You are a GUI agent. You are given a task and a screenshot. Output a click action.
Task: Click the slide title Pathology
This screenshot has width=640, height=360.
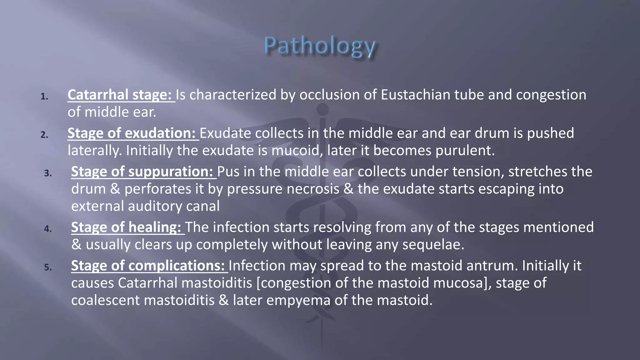pyautogui.click(x=320, y=47)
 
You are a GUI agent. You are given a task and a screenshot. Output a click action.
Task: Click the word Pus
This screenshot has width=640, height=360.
pyautogui.click(x=228, y=172)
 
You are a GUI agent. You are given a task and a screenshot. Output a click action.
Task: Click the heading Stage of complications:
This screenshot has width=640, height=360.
pyautogui.click(x=148, y=266)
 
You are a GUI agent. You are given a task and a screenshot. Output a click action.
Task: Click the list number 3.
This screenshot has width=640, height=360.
pyautogui.click(x=48, y=173)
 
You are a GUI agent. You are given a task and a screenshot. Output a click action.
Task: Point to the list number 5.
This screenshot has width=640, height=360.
pyautogui.click(x=48, y=267)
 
